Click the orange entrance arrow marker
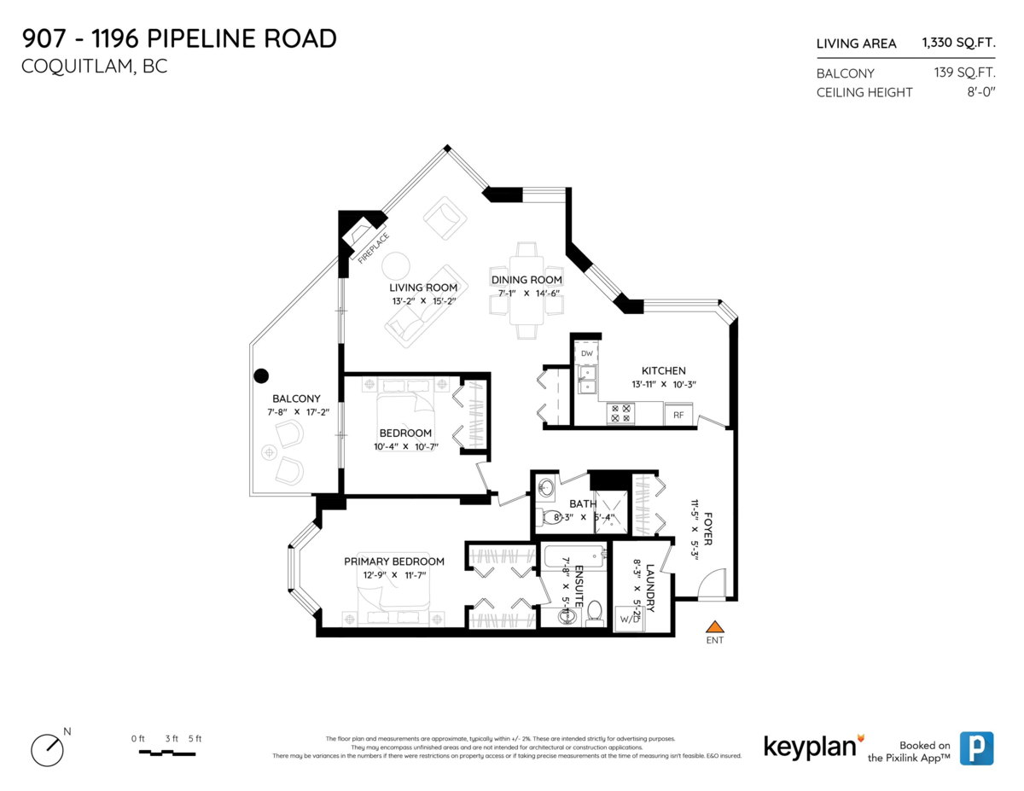point(714,627)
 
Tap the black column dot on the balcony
point(261,375)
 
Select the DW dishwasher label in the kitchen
point(587,353)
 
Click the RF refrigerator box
point(678,416)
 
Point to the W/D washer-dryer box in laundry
point(630,619)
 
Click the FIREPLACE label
point(373,248)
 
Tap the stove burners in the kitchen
point(619,414)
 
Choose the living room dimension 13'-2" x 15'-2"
point(424,300)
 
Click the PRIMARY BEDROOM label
point(394,561)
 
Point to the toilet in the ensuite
point(595,611)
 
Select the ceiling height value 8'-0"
point(978,92)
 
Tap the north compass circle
point(46,749)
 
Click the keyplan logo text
point(809,747)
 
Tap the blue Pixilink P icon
point(976,747)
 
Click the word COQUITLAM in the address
point(73,67)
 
